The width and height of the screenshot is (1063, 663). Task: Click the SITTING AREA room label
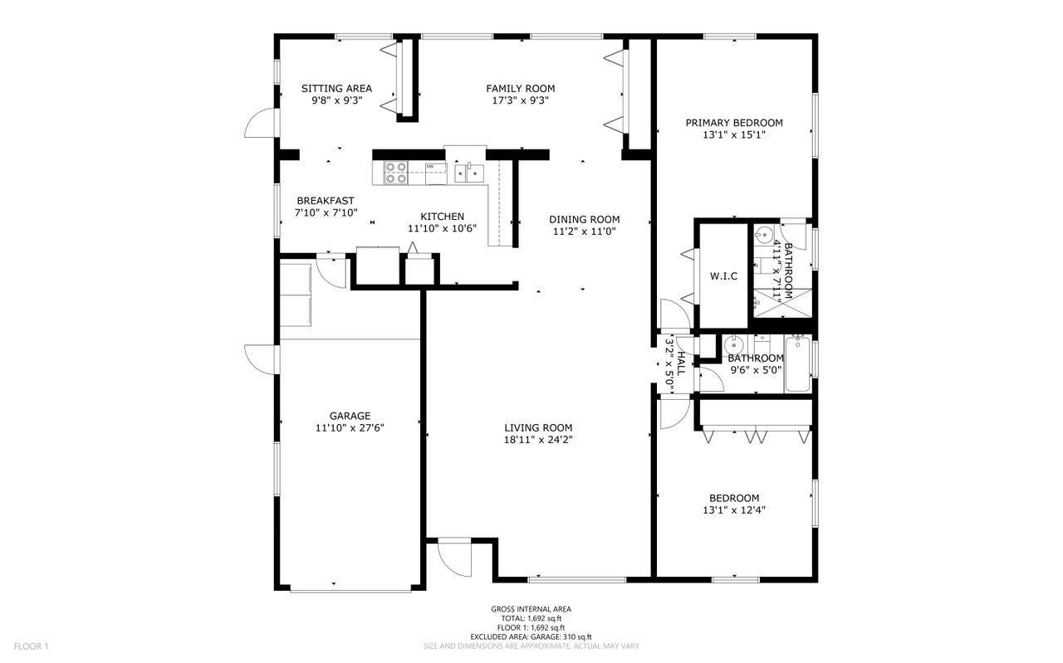tap(336, 88)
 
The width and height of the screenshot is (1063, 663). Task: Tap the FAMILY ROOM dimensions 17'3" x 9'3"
tap(521, 100)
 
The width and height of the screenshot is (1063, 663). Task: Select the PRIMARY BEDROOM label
tap(734, 123)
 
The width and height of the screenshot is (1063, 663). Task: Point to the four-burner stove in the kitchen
tap(396, 173)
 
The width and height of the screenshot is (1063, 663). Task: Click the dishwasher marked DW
tap(436, 173)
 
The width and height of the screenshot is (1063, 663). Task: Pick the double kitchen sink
tap(469, 173)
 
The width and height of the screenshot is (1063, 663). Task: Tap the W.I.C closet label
tap(723, 276)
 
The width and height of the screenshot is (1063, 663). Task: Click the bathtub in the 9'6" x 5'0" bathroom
tap(798, 363)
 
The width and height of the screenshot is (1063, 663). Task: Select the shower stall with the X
tap(782, 303)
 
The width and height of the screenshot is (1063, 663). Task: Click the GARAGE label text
tap(350, 416)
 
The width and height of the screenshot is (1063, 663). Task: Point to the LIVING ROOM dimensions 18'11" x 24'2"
tap(538, 440)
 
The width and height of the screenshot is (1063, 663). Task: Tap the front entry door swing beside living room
tap(454, 558)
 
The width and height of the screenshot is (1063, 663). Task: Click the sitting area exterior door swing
tap(260, 123)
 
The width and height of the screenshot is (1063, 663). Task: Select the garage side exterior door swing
tap(260, 359)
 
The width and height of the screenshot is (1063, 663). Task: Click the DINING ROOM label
tap(584, 220)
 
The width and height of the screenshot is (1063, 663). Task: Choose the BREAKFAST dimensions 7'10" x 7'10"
tap(326, 213)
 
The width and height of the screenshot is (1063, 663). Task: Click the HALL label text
tap(681, 364)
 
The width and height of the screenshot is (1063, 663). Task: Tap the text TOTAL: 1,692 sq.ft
tap(531, 618)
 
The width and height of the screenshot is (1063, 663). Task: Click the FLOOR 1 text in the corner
tap(32, 646)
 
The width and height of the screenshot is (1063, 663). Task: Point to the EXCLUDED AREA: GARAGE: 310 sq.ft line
tap(531, 637)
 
